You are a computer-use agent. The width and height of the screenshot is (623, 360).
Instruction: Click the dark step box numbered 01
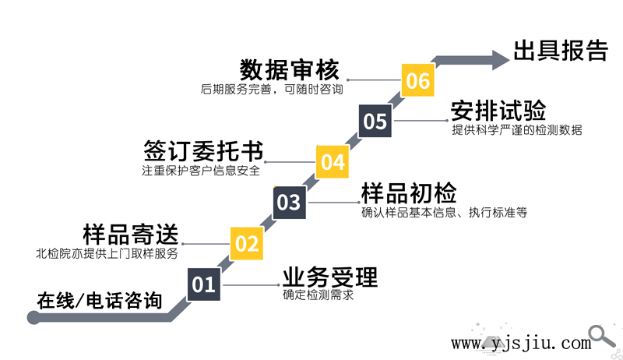203,284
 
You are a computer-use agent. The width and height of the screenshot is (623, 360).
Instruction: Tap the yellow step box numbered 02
247,243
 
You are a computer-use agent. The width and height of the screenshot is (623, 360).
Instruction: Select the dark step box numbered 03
289,203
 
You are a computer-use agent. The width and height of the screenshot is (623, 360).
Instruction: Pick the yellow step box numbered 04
333,162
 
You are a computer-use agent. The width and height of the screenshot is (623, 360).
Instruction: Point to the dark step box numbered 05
375,122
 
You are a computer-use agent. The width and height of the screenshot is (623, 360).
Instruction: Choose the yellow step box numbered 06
418,80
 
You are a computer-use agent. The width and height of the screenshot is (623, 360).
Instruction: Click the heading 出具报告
560,51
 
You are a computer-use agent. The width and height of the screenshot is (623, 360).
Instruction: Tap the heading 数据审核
290,70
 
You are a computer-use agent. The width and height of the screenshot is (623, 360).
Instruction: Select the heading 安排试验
498,111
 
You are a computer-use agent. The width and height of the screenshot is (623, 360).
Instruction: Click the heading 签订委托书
203,151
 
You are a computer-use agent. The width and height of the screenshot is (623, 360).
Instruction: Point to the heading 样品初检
409,193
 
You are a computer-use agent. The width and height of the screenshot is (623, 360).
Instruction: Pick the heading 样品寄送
131,235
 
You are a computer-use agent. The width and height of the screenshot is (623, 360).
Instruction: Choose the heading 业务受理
330,277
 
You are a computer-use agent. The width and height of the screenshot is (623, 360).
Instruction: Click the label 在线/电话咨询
100,300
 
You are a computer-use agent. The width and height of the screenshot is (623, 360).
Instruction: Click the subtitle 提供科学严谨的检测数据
517,130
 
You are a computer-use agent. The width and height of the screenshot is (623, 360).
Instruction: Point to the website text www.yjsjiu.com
521,343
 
